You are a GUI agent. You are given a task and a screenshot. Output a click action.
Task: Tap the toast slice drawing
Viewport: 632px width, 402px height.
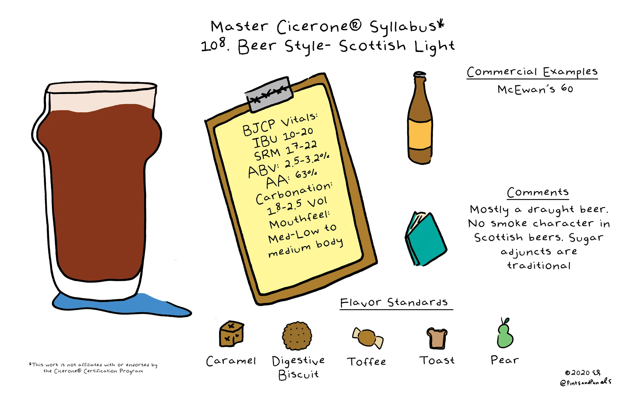click(x=437, y=338)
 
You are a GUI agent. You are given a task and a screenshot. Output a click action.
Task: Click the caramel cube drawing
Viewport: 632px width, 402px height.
click(x=232, y=334)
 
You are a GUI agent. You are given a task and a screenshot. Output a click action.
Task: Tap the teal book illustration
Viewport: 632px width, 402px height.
click(x=425, y=239)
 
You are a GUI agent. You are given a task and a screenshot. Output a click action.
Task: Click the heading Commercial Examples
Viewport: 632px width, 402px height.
click(x=532, y=72)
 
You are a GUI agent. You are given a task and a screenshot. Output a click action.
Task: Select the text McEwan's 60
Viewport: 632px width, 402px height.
click(x=535, y=89)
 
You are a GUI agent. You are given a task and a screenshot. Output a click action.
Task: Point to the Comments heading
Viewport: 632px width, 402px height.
click(x=538, y=192)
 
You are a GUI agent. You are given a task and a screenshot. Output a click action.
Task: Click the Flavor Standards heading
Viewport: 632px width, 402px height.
click(x=394, y=303)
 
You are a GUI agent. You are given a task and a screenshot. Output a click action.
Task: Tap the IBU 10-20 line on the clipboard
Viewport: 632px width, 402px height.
click(x=282, y=138)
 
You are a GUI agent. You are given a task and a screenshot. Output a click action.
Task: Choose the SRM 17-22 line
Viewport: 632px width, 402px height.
click(x=286, y=152)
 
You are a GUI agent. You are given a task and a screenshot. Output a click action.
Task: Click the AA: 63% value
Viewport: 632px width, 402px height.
click(x=291, y=179)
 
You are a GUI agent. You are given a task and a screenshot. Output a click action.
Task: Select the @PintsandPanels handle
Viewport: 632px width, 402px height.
click(x=585, y=382)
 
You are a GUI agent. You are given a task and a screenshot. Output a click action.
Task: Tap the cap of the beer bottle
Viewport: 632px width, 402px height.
click(x=420, y=74)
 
